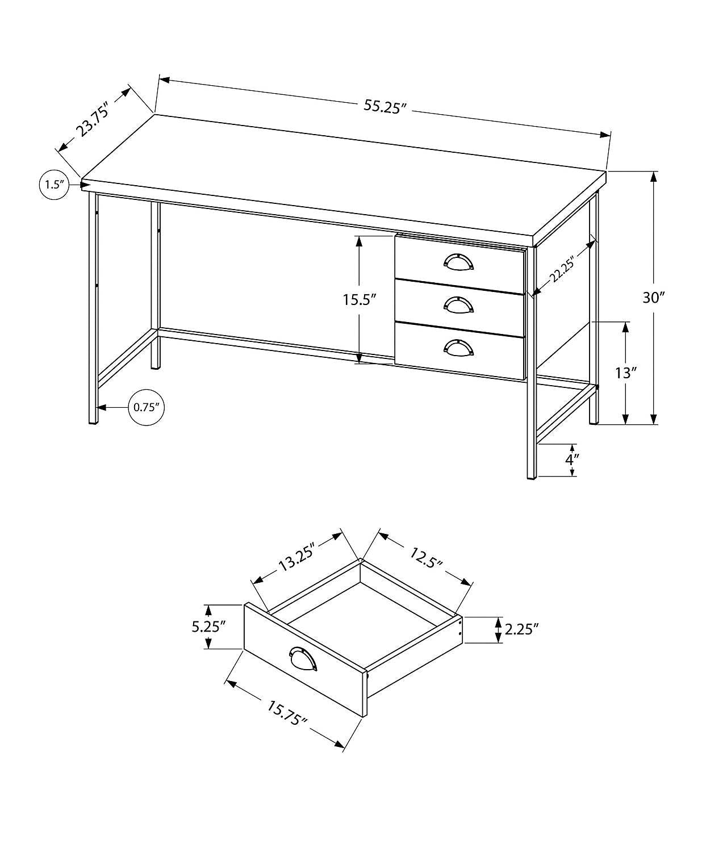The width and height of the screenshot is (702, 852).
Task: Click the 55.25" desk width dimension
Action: tap(386, 107)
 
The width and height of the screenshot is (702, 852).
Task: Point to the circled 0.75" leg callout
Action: tap(146, 407)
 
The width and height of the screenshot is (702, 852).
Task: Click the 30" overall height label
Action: tap(653, 298)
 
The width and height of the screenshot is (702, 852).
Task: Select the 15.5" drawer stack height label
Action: tap(360, 299)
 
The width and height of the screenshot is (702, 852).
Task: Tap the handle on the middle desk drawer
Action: tap(458, 305)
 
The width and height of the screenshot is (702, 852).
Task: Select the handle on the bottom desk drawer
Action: tap(458, 348)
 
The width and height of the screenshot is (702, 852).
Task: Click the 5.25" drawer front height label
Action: tap(208, 627)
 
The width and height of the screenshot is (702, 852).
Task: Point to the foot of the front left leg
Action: tap(93, 421)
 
